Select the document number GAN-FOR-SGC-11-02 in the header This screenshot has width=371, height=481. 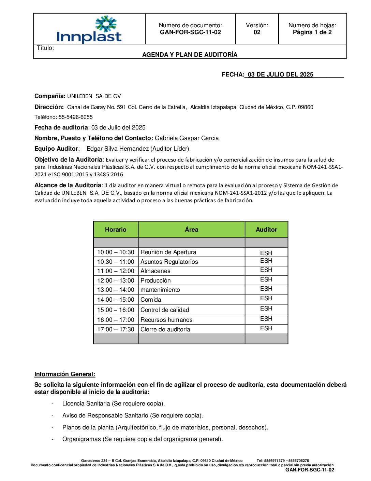(190, 32)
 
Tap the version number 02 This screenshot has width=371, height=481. (257, 32)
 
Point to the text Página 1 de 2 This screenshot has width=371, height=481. (312, 32)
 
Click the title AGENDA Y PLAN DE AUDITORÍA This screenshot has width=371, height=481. (190, 55)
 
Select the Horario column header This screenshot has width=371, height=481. (116, 230)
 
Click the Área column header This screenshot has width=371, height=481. (191, 230)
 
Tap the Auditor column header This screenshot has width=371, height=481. (266, 230)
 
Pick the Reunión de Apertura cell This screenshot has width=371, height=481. (168, 252)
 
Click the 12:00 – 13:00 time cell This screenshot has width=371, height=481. (116, 280)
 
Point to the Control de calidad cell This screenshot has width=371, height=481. (165, 310)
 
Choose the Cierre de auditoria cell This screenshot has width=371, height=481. (165, 329)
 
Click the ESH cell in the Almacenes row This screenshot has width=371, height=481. (266, 270)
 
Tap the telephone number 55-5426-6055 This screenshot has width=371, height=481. (76, 117)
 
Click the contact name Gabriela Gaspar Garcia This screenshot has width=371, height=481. (187, 138)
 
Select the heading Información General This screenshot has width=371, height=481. (65, 374)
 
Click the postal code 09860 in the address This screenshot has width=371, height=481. (306, 107)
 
